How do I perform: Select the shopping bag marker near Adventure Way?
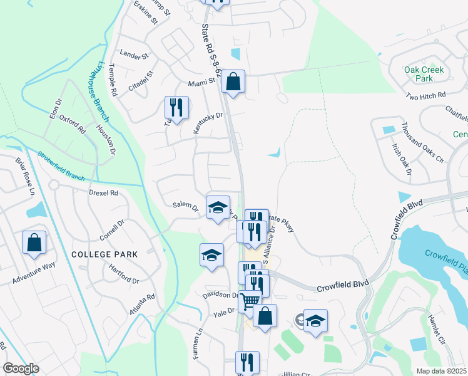coord(34,243)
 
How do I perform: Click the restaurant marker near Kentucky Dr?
coord(176,108)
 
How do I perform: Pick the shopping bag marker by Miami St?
coord(233,81)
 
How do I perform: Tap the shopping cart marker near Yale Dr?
coord(250,301)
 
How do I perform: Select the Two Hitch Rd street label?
coord(425,96)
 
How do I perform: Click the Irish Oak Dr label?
coord(400,160)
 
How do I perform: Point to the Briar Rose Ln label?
coord(25,175)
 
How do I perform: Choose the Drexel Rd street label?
coord(103,193)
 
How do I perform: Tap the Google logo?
coord(21,368)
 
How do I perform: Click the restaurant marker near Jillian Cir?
coord(247,362)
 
